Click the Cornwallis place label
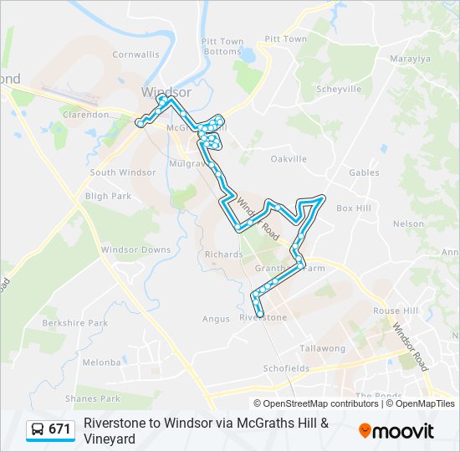coord(135,54)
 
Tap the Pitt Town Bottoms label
coord(222,46)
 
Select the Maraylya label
coord(410,59)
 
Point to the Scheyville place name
coord(339,89)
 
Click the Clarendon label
coord(86,115)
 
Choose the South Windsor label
coord(123,172)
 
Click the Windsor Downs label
coord(135,249)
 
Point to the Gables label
coord(364,172)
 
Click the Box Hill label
coord(353,208)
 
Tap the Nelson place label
coord(408,223)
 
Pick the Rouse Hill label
coord(396,311)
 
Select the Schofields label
coord(286,368)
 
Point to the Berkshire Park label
coord(75,322)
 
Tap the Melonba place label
coord(102,362)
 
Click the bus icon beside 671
coord(38,429)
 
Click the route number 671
coord(59,429)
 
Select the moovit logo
coord(396,430)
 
